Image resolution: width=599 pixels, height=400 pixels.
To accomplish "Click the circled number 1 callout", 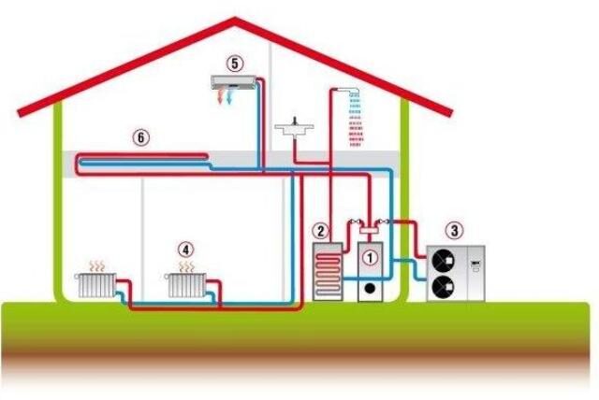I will (x=370, y=253).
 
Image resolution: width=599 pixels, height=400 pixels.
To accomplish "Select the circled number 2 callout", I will (x=320, y=230).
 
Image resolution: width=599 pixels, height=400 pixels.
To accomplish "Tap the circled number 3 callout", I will (x=454, y=229).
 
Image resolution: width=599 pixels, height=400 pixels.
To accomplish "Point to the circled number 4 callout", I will (x=186, y=250).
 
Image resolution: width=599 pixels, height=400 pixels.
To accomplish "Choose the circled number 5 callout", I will (x=234, y=64).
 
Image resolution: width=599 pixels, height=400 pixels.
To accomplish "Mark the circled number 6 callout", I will (x=140, y=136).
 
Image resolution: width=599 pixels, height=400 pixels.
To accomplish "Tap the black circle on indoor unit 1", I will (x=371, y=289).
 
